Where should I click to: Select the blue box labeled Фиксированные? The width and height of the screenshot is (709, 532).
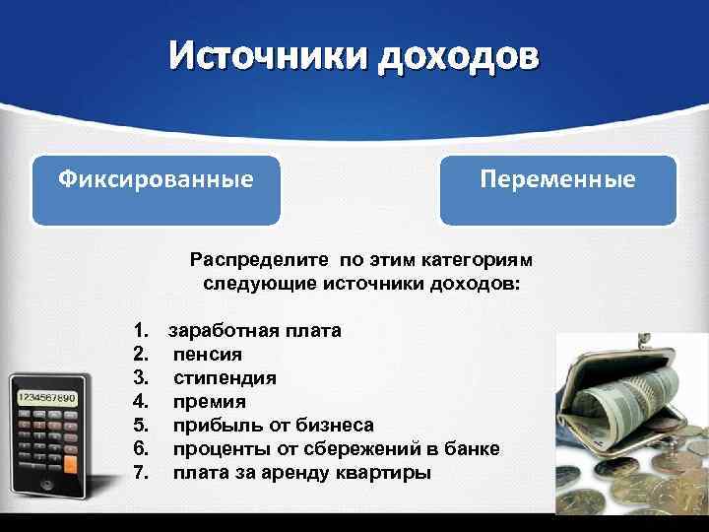click(x=156, y=188)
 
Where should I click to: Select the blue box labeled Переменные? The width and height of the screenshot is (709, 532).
click(x=557, y=188)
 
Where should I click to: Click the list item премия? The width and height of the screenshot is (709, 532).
click(x=210, y=402)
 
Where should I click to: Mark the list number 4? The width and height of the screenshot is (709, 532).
click(x=140, y=402)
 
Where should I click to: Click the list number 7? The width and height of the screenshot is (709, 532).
click(x=140, y=473)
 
